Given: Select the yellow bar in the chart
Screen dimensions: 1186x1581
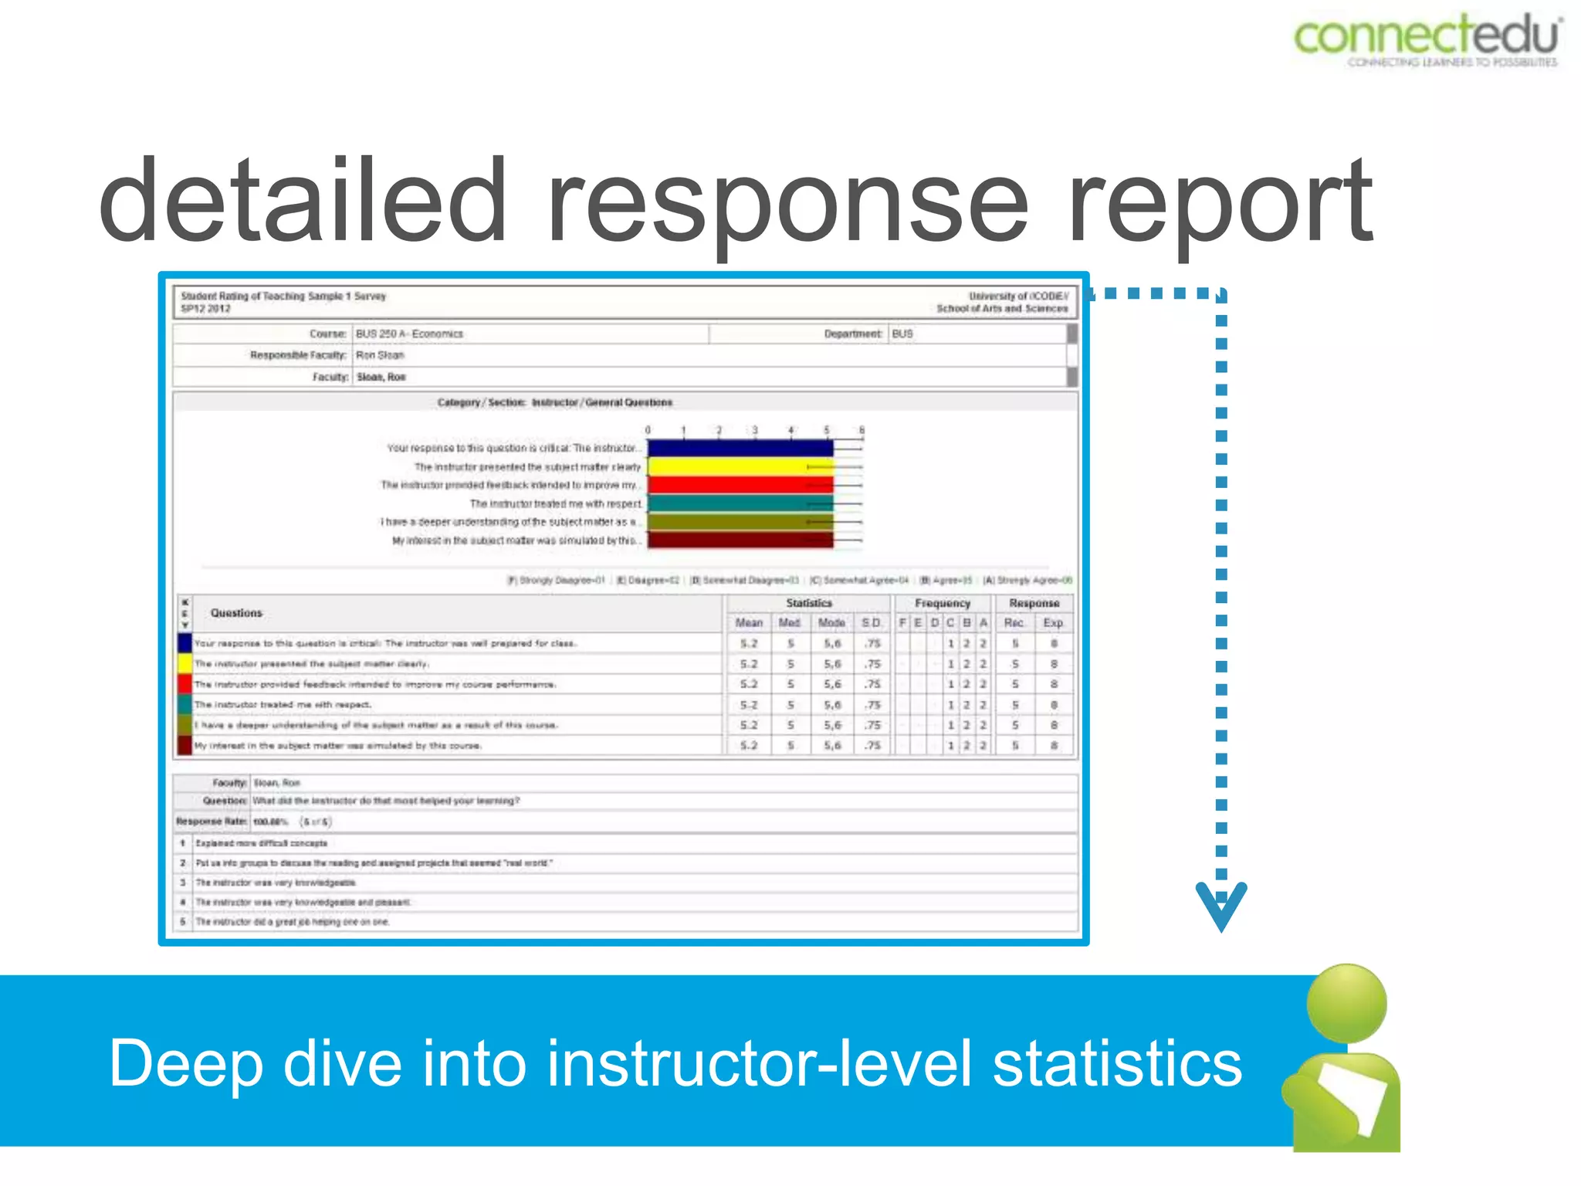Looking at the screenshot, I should [740, 466].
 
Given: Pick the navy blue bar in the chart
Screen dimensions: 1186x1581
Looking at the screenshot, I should [740, 448].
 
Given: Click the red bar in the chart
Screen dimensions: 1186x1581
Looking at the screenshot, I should [740, 485].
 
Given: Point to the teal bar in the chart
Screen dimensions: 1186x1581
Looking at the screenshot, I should [740, 503].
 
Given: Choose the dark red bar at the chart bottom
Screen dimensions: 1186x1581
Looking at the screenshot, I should [740, 540].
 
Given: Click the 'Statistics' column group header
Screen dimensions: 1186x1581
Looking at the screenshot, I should [808, 603].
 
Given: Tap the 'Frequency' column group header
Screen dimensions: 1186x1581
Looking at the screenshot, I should [942, 603].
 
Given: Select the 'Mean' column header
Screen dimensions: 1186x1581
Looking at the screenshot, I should [748, 623].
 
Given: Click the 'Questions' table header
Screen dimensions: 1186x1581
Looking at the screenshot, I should [236, 613].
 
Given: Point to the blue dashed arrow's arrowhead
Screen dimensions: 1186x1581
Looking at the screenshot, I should [1220, 905].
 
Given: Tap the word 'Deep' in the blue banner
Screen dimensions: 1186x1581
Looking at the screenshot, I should [185, 1064].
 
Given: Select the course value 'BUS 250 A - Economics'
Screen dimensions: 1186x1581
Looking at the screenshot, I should [409, 334].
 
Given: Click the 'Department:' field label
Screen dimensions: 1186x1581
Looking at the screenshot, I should [852, 334].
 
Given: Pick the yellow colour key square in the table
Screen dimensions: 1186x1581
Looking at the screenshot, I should [185, 664].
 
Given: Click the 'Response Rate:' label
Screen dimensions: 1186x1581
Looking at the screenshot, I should [212, 822].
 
